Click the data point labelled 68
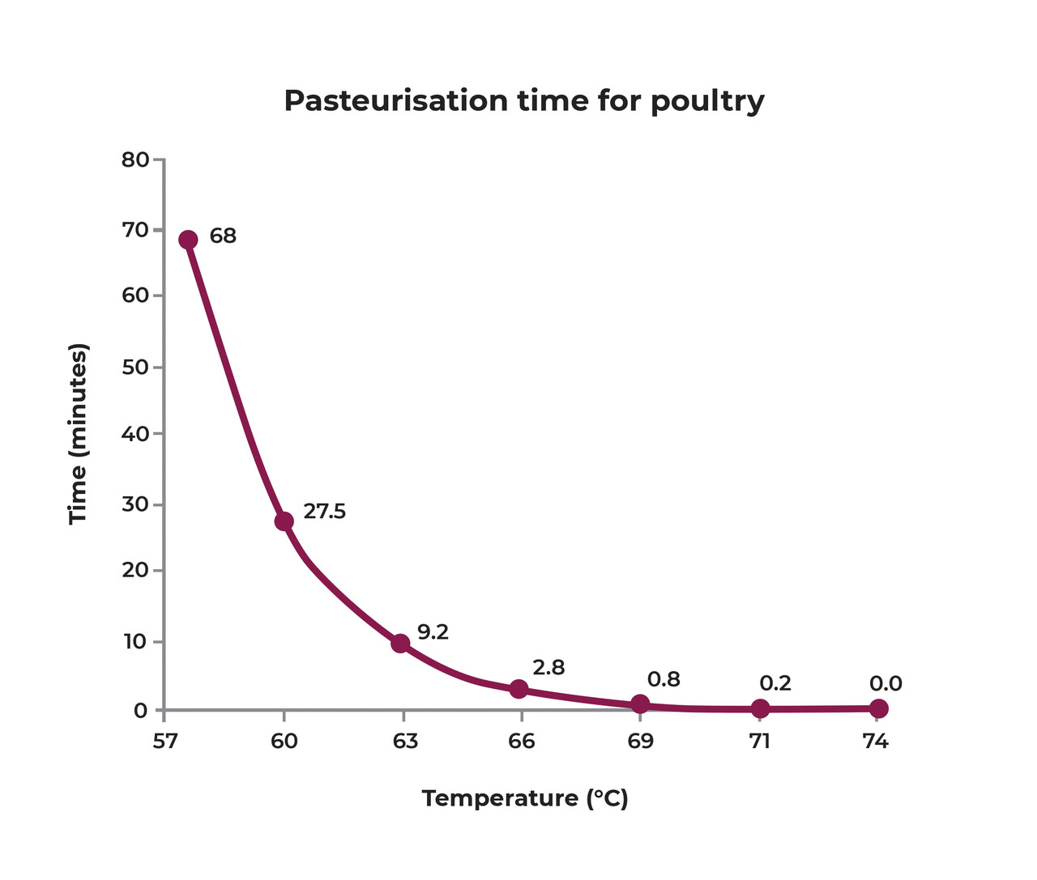[188, 240]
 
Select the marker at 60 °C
[284, 521]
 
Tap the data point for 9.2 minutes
[400, 644]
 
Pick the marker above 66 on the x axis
[519, 689]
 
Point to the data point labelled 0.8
[640, 704]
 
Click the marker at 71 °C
[760, 708]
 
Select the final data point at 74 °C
[878, 708]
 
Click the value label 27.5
[324, 512]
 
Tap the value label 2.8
[548, 668]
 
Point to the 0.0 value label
[886, 684]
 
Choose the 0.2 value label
[775, 683]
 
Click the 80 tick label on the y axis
[135, 159]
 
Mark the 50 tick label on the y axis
[135, 368]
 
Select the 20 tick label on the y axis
[135, 571]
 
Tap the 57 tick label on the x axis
[164, 742]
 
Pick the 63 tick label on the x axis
[403, 742]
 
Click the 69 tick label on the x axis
[640, 742]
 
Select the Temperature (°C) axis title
[525, 799]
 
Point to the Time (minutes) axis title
[78, 434]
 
